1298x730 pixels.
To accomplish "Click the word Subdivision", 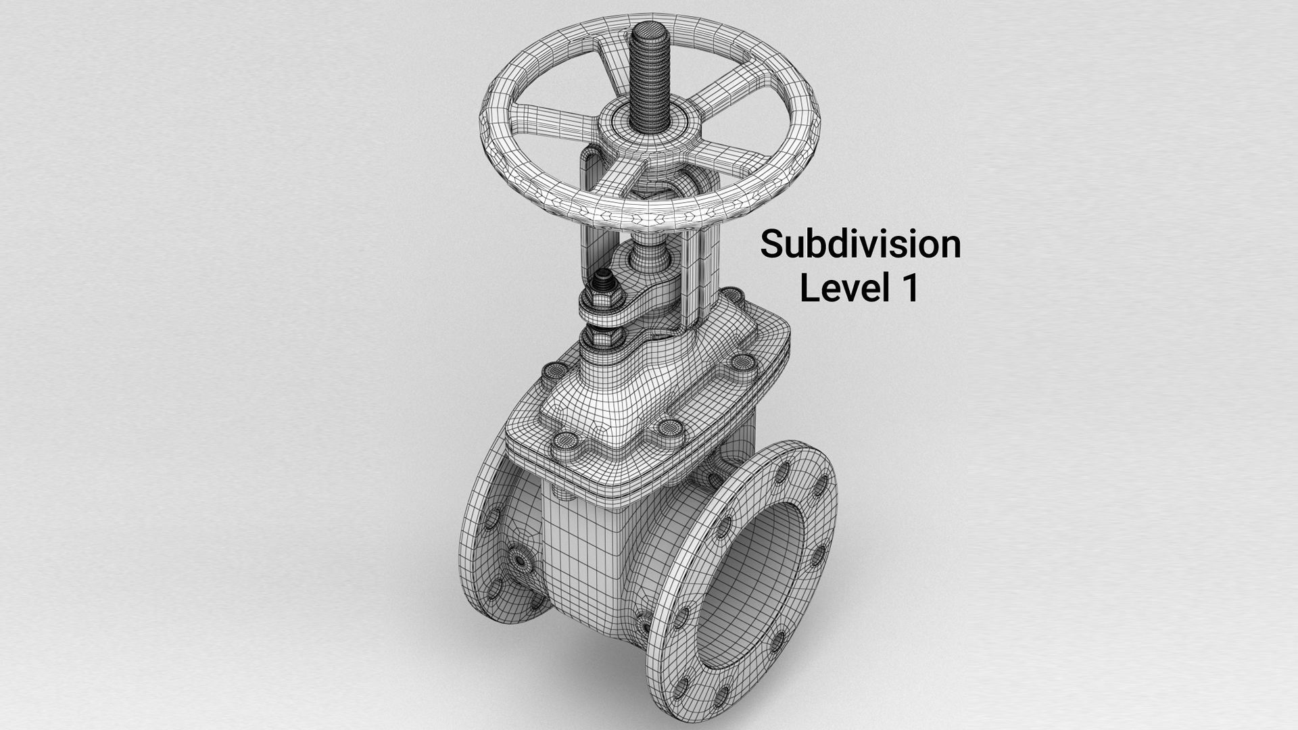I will [x=860, y=244].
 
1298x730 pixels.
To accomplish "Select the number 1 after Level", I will [x=910, y=287].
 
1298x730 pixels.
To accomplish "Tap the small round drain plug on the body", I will [x=520, y=560].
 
